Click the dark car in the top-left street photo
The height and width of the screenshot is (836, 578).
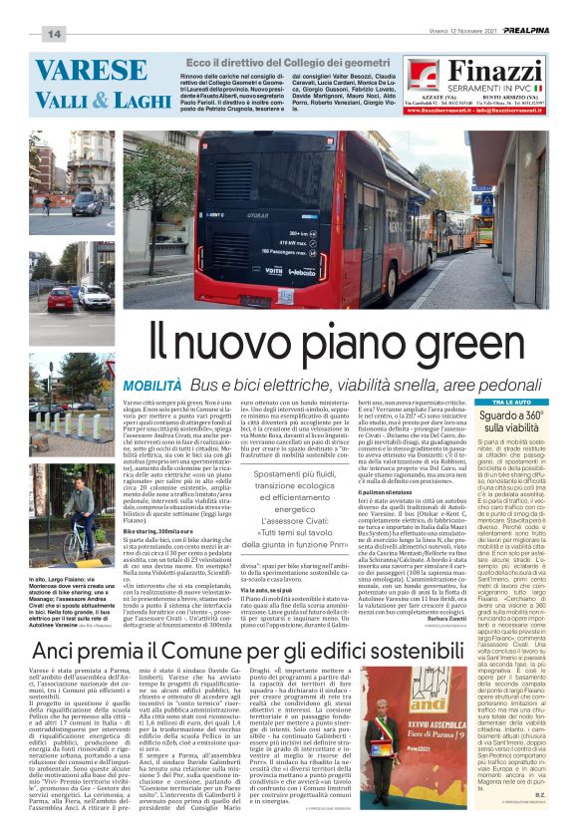click(84, 204)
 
